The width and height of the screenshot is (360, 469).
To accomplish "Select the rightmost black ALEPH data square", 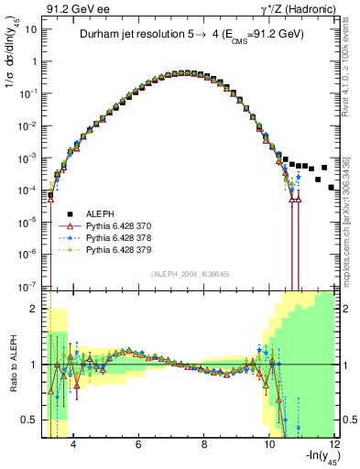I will point(332,187).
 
